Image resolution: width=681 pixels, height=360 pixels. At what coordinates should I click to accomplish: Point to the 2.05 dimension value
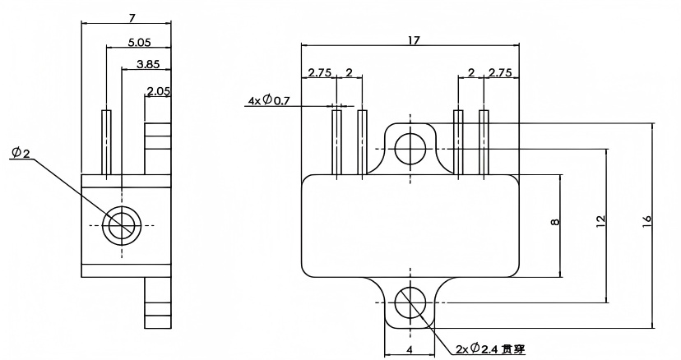coord(158,91)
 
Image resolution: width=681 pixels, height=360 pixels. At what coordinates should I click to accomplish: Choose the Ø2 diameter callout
coord(21,154)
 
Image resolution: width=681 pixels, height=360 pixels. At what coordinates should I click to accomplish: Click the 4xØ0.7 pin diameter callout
coord(269,101)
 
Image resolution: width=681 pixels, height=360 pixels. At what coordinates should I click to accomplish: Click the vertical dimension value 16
coord(646,220)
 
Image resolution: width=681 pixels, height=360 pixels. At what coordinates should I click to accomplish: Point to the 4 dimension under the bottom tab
coord(410,349)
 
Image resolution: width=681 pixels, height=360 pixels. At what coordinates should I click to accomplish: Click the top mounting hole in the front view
coord(409,149)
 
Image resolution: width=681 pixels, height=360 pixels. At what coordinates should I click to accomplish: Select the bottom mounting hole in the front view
coord(409,303)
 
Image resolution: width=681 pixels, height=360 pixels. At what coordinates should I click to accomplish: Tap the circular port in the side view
coord(122,224)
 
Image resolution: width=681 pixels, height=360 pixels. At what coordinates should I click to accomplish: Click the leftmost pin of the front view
coord(336,141)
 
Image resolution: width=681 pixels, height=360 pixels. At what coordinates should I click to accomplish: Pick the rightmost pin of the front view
coord(484,141)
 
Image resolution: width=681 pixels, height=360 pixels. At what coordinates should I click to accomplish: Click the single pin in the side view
coord(106,141)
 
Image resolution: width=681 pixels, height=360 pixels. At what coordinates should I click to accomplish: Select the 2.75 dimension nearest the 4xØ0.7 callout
coord(319,73)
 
